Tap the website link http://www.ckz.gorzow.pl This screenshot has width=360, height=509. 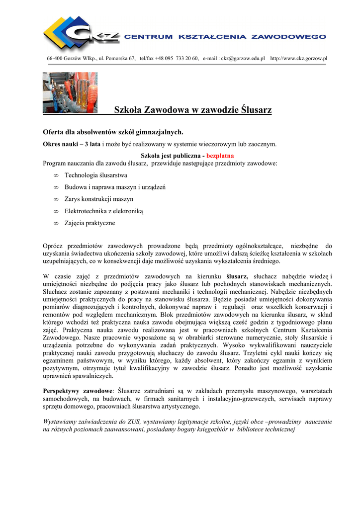298,59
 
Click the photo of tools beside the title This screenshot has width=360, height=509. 70,92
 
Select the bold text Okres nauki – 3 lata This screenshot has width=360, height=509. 72,144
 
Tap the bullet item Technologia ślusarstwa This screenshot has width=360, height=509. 95,175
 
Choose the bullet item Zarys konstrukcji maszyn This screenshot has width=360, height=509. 98,199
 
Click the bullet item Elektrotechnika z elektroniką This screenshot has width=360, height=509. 103,211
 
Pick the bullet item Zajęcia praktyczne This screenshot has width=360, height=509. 90,223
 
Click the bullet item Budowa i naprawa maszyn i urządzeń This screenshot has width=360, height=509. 115,187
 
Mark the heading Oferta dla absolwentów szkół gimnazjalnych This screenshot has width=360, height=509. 113,132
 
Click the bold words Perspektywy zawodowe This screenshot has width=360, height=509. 78,391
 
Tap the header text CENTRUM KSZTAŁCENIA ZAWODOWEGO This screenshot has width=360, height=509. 225,37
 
